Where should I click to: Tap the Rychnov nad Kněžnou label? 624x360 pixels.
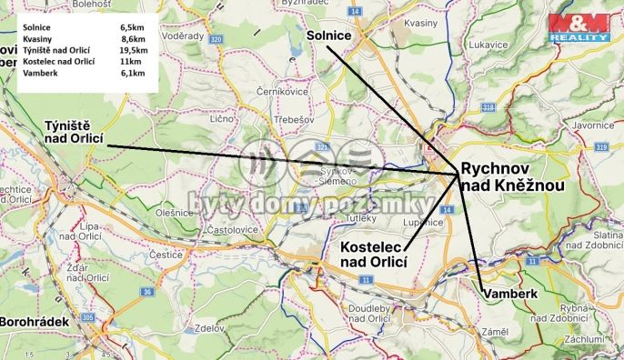512,176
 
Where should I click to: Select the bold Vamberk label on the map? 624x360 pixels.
513,295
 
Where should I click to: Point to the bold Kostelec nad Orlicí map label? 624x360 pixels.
372,255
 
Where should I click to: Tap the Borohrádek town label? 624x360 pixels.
34,322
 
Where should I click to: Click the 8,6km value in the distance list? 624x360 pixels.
133,40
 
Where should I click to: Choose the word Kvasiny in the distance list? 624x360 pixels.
37,40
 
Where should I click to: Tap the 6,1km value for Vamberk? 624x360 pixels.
133,73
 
